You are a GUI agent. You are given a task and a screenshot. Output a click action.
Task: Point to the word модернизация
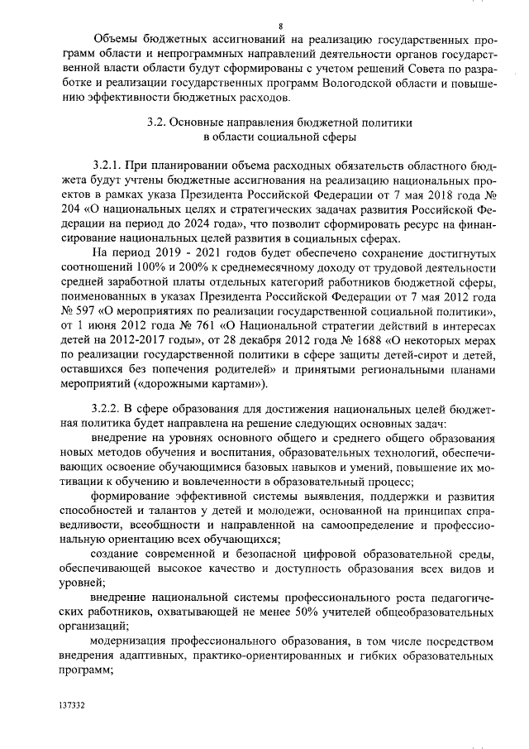[134, 641]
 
